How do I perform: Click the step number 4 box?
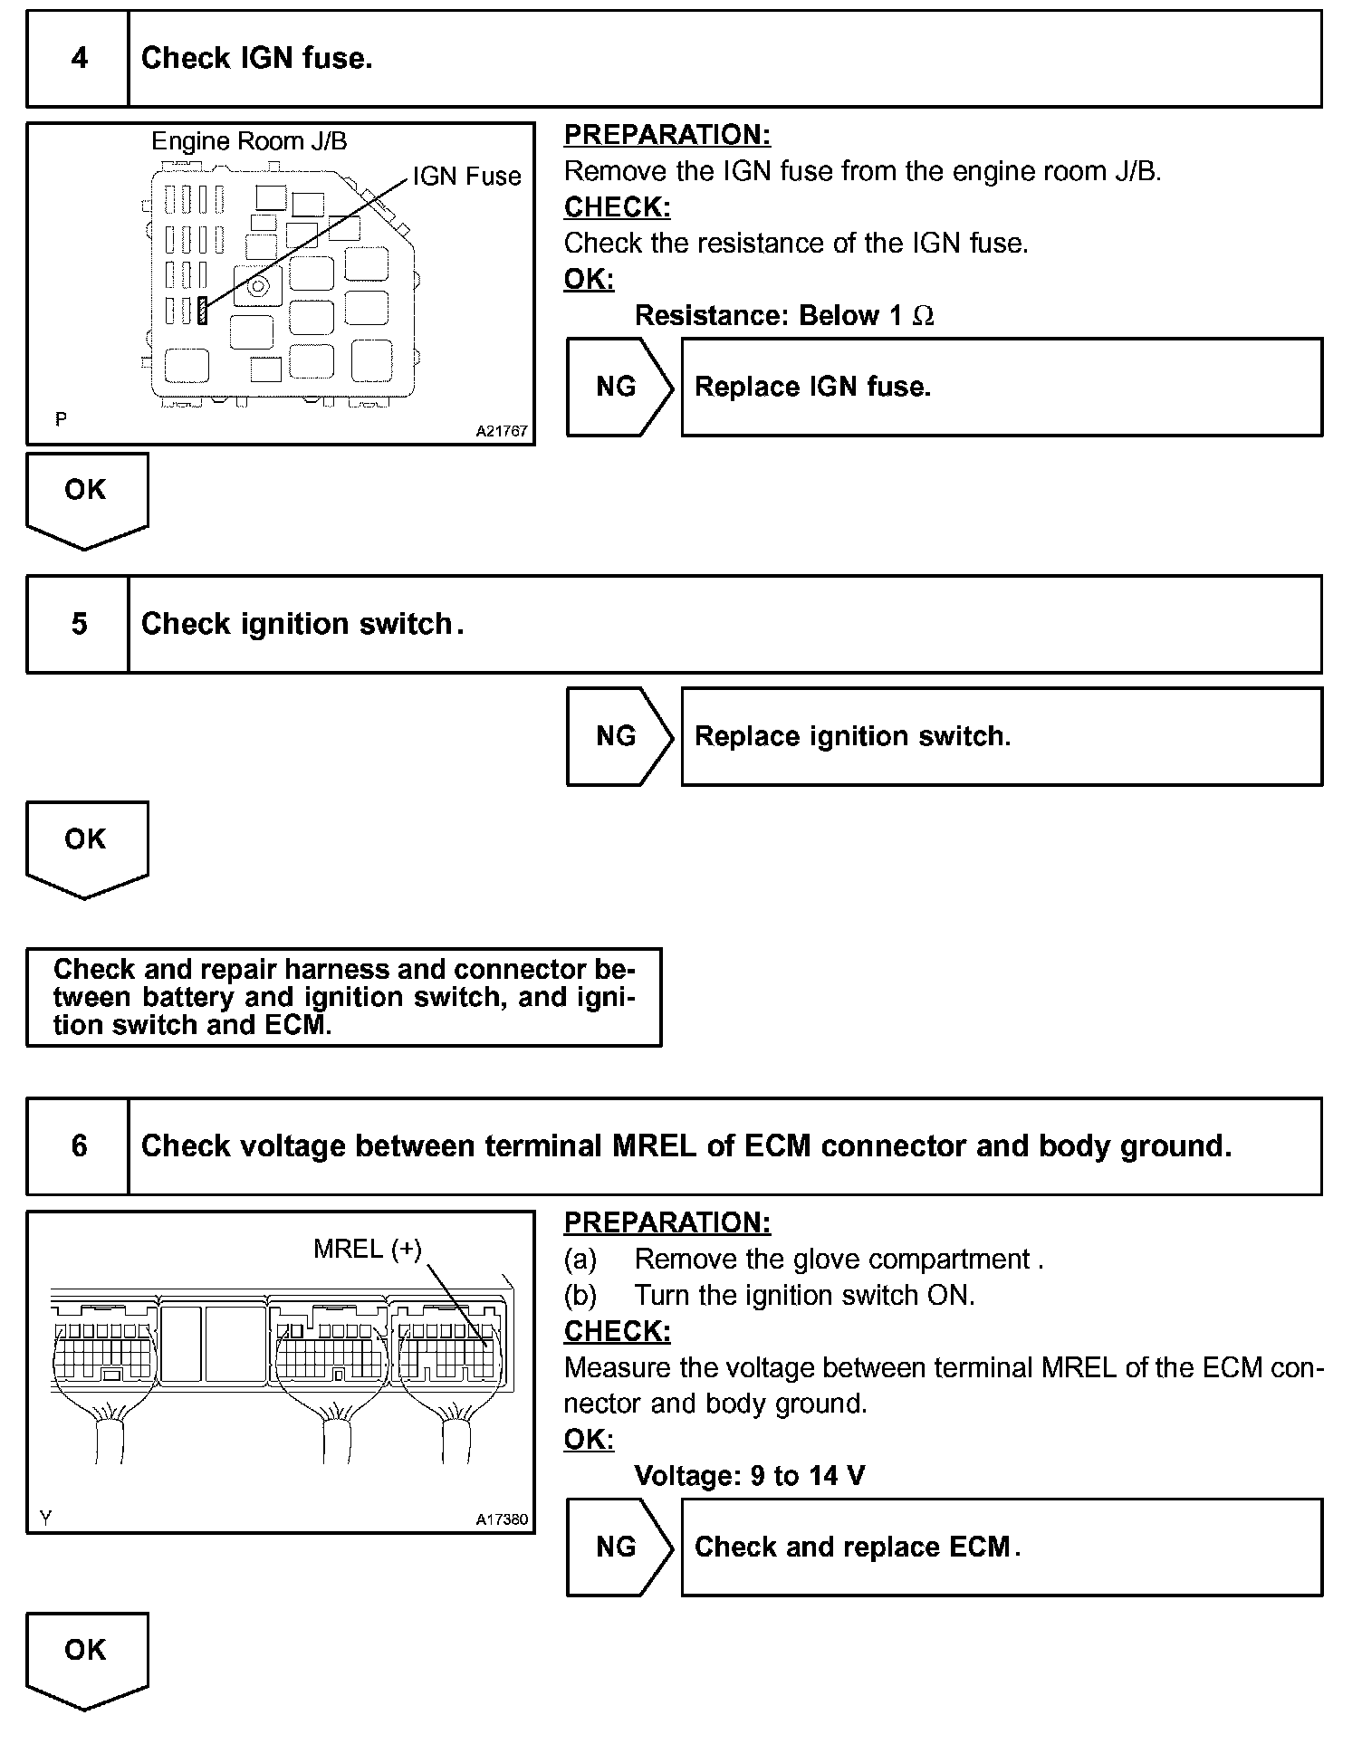point(79,59)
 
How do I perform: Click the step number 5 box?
point(79,624)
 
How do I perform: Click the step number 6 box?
point(79,1146)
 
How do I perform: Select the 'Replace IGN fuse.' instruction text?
point(812,388)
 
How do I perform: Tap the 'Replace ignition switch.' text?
point(852,736)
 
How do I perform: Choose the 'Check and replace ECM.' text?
point(857,1548)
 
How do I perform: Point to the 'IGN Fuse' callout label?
point(466,177)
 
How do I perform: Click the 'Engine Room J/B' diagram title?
point(249,141)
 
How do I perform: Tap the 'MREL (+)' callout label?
point(368,1250)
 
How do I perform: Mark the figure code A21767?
point(502,432)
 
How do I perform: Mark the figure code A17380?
point(502,1520)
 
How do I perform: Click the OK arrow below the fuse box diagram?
point(86,496)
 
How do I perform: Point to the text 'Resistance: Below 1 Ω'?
point(783,316)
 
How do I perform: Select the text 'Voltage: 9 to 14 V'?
point(750,1477)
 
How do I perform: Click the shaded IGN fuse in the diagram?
point(203,311)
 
